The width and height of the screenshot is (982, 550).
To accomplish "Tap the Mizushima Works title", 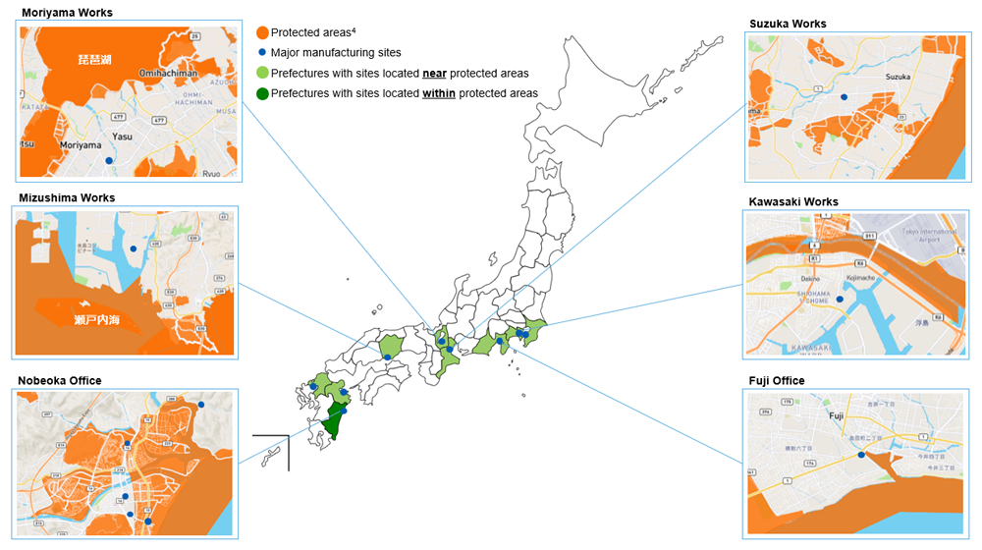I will tap(67, 197).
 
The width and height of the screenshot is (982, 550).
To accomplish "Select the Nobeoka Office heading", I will tap(60, 380).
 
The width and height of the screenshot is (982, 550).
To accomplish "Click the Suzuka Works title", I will tap(788, 24).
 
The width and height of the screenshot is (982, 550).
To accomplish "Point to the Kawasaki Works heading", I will tap(793, 202).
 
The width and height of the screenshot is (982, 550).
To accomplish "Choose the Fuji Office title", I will tap(777, 380).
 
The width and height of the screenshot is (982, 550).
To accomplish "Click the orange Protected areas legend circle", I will tap(262, 32).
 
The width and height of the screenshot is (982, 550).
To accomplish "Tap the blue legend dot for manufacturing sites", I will tap(262, 52).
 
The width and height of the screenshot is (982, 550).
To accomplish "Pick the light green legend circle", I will tap(262, 73).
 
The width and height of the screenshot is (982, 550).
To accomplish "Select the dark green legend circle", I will tap(262, 93).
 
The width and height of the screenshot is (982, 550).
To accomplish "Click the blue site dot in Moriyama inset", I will tap(110, 160).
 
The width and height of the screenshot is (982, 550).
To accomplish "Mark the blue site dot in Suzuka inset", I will tap(844, 97).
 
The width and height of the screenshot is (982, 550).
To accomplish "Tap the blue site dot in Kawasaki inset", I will tap(840, 287).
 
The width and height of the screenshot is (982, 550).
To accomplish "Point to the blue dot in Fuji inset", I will tap(861, 455).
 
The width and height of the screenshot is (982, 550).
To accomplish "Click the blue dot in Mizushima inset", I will tap(133, 237).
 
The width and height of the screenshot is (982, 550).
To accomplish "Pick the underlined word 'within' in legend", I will tap(438, 93).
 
